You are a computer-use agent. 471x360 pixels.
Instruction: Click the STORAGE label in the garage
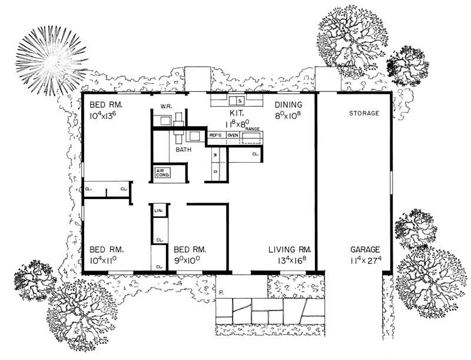click(364, 113)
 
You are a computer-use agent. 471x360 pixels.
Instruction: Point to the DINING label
click(288, 105)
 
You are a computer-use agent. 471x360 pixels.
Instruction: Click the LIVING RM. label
click(290, 249)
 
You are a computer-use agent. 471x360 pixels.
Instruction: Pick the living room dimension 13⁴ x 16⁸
click(290, 260)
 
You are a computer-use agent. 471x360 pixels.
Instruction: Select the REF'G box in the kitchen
click(215, 136)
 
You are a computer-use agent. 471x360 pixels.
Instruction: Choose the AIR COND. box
click(162, 173)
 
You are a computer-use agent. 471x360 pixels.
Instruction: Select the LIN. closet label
click(158, 210)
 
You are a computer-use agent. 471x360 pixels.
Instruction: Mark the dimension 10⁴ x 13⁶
click(106, 117)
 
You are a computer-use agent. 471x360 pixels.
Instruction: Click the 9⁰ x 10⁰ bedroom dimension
click(190, 260)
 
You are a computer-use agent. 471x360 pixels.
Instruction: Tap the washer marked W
click(215, 155)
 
